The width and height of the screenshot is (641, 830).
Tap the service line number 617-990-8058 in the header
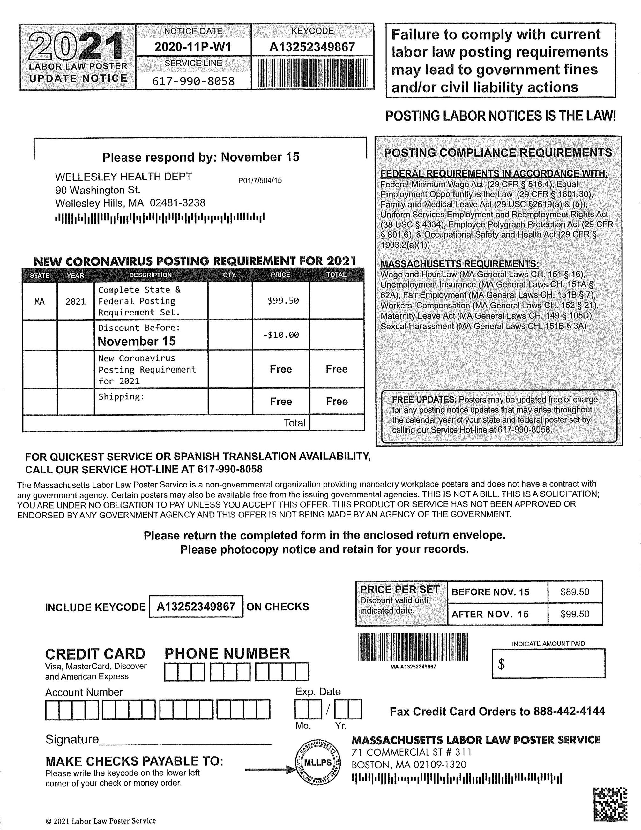(x=193, y=81)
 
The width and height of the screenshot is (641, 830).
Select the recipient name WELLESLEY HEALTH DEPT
(x=123, y=177)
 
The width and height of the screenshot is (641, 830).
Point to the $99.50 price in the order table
(x=283, y=301)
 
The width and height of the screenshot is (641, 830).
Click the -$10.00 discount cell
(x=281, y=335)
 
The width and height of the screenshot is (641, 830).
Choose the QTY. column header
(x=230, y=275)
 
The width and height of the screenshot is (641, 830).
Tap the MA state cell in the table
(x=40, y=302)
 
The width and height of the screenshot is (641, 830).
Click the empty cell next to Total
(x=337, y=423)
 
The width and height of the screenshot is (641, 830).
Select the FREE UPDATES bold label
(x=424, y=400)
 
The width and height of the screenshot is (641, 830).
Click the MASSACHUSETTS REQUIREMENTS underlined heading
(x=459, y=264)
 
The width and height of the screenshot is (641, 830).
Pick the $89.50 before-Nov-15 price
(x=575, y=592)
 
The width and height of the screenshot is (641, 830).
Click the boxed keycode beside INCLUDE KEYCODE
(x=196, y=607)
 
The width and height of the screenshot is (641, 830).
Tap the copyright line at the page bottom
(x=101, y=821)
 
